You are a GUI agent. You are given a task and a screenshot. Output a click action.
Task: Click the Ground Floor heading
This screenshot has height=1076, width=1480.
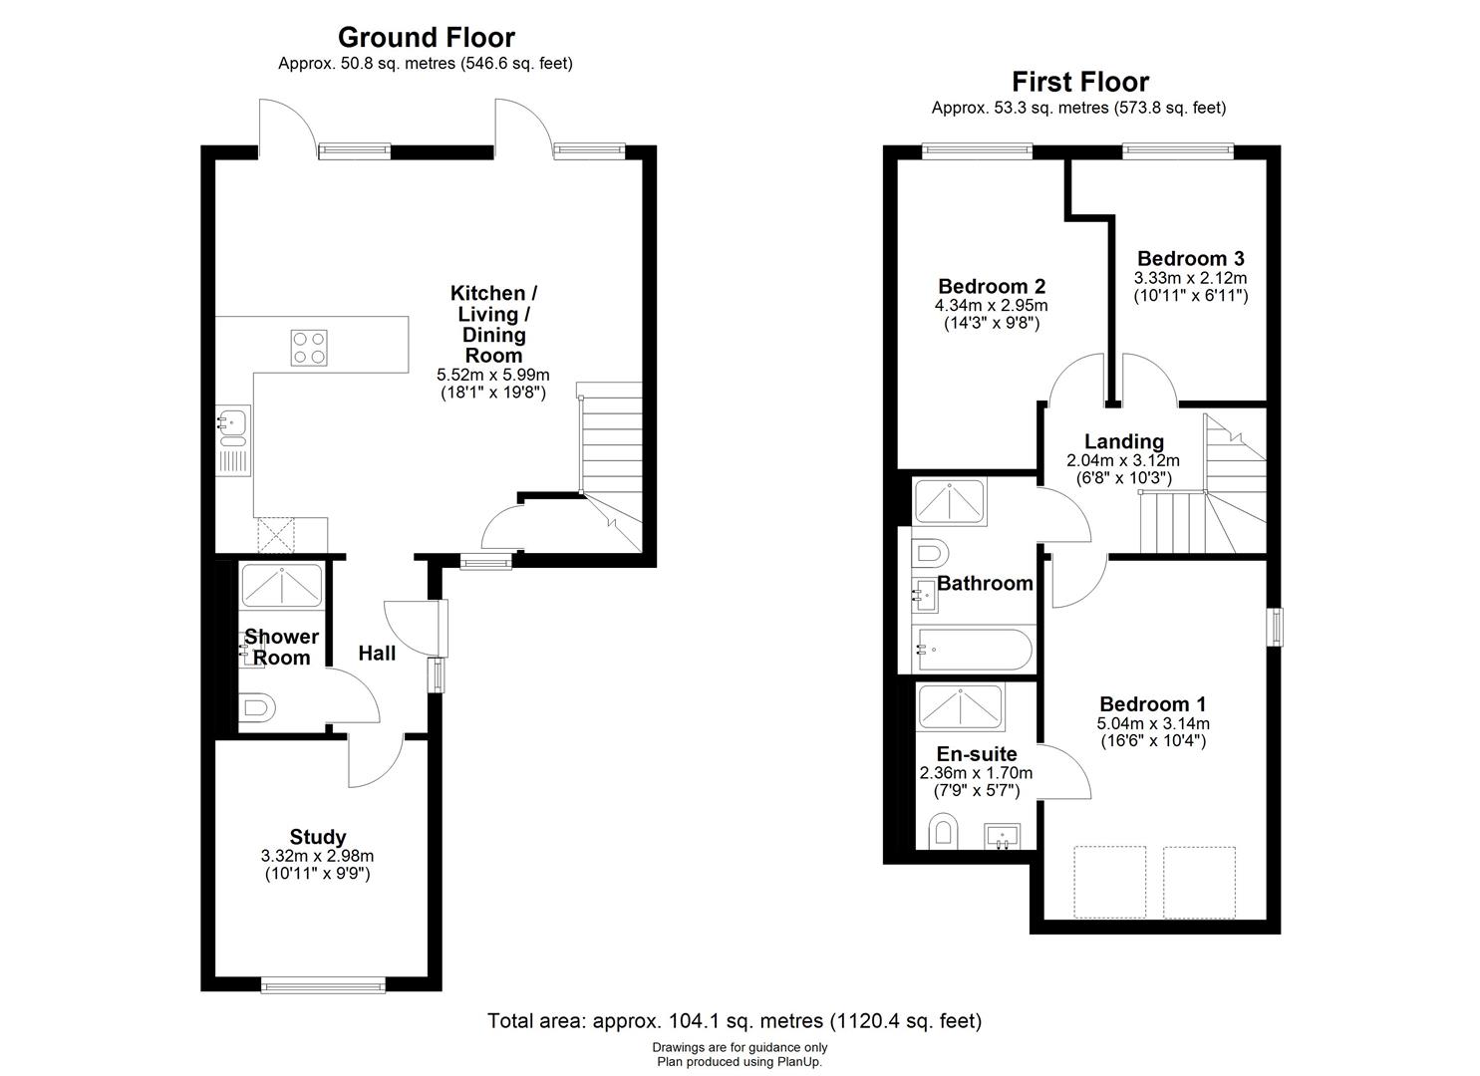click(426, 38)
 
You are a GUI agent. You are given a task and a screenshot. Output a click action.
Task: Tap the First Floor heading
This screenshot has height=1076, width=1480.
click(1080, 82)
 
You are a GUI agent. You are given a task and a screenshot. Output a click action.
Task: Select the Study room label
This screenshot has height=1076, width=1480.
click(318, 837)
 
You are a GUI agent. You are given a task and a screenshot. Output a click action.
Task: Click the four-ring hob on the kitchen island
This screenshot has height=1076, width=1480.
click(309, 347)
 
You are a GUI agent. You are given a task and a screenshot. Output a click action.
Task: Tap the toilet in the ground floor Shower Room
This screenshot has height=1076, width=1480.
click(257, 708)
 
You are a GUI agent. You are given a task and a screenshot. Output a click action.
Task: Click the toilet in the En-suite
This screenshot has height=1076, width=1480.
click(942, 831)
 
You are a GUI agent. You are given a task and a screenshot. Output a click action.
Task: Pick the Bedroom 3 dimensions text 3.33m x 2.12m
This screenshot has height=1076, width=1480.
click(1190, 278)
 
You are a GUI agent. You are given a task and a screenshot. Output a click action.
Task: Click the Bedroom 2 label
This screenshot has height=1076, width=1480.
click(991, 287)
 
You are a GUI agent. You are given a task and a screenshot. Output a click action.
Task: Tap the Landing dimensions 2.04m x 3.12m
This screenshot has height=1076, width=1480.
click(1122, 460)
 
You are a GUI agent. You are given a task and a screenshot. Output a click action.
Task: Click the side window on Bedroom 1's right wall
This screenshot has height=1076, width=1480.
click(1274, 627)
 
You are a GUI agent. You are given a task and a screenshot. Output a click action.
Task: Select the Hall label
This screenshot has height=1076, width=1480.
click(377, 654)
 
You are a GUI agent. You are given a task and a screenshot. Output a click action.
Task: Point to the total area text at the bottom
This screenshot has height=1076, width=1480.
click(734, 1020)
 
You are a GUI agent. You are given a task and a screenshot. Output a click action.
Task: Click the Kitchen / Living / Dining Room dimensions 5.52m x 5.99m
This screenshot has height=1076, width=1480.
click(493, 375)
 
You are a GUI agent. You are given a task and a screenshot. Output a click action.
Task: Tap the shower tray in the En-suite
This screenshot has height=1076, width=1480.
click(961, 706)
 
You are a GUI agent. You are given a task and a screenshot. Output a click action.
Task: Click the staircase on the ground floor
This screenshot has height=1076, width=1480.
click(610, 448)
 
